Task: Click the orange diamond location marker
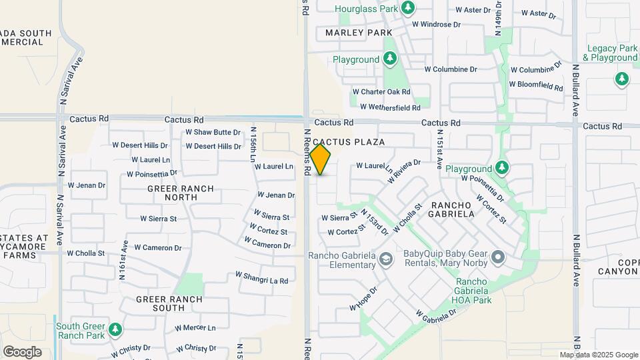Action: (x=320, y=159)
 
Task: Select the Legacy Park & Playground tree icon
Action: (x=622, y=79)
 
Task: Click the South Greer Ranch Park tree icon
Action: (x=115, y=329)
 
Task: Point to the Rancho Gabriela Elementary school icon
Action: (x=385, y=258)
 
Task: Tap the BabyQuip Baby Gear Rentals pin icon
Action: (x=497, y=257)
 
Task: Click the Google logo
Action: (x=22, y=351)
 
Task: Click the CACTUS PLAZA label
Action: (x=349, y=142)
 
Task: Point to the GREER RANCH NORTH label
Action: (x=181, y=193)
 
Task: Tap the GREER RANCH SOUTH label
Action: (x=169, y=303)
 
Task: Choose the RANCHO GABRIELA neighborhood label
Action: (x=453, y=209)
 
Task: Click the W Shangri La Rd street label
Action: (x=261, y=277)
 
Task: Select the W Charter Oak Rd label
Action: (x=381, y=92)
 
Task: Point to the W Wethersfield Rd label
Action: (x=390, y=107)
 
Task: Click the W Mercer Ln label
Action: (x=195, y=328)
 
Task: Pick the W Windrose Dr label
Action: (x=437, y=25)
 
